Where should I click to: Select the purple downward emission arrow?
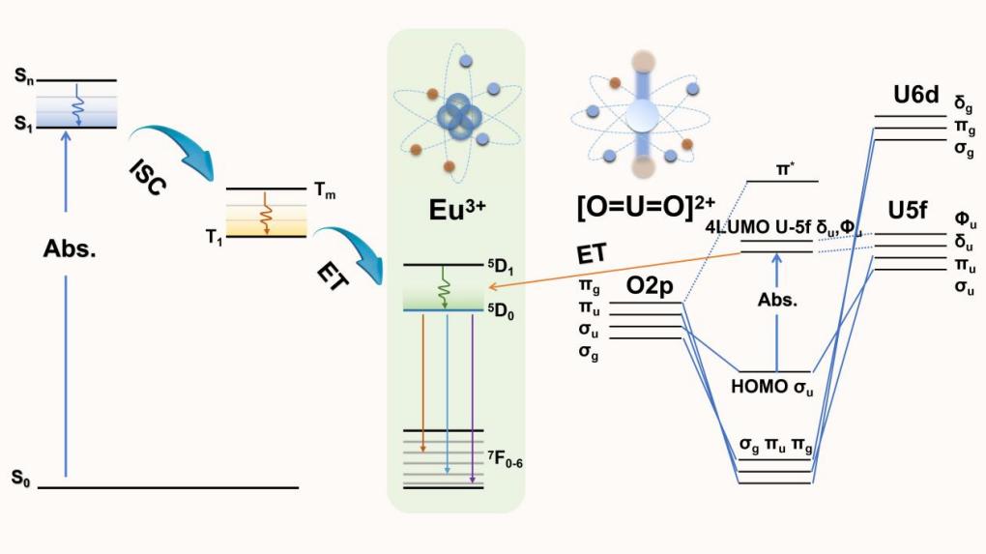(x=471, y=395)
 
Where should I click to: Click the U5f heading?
(x=917, y=211)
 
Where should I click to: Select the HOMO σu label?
(x=776, y=389)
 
